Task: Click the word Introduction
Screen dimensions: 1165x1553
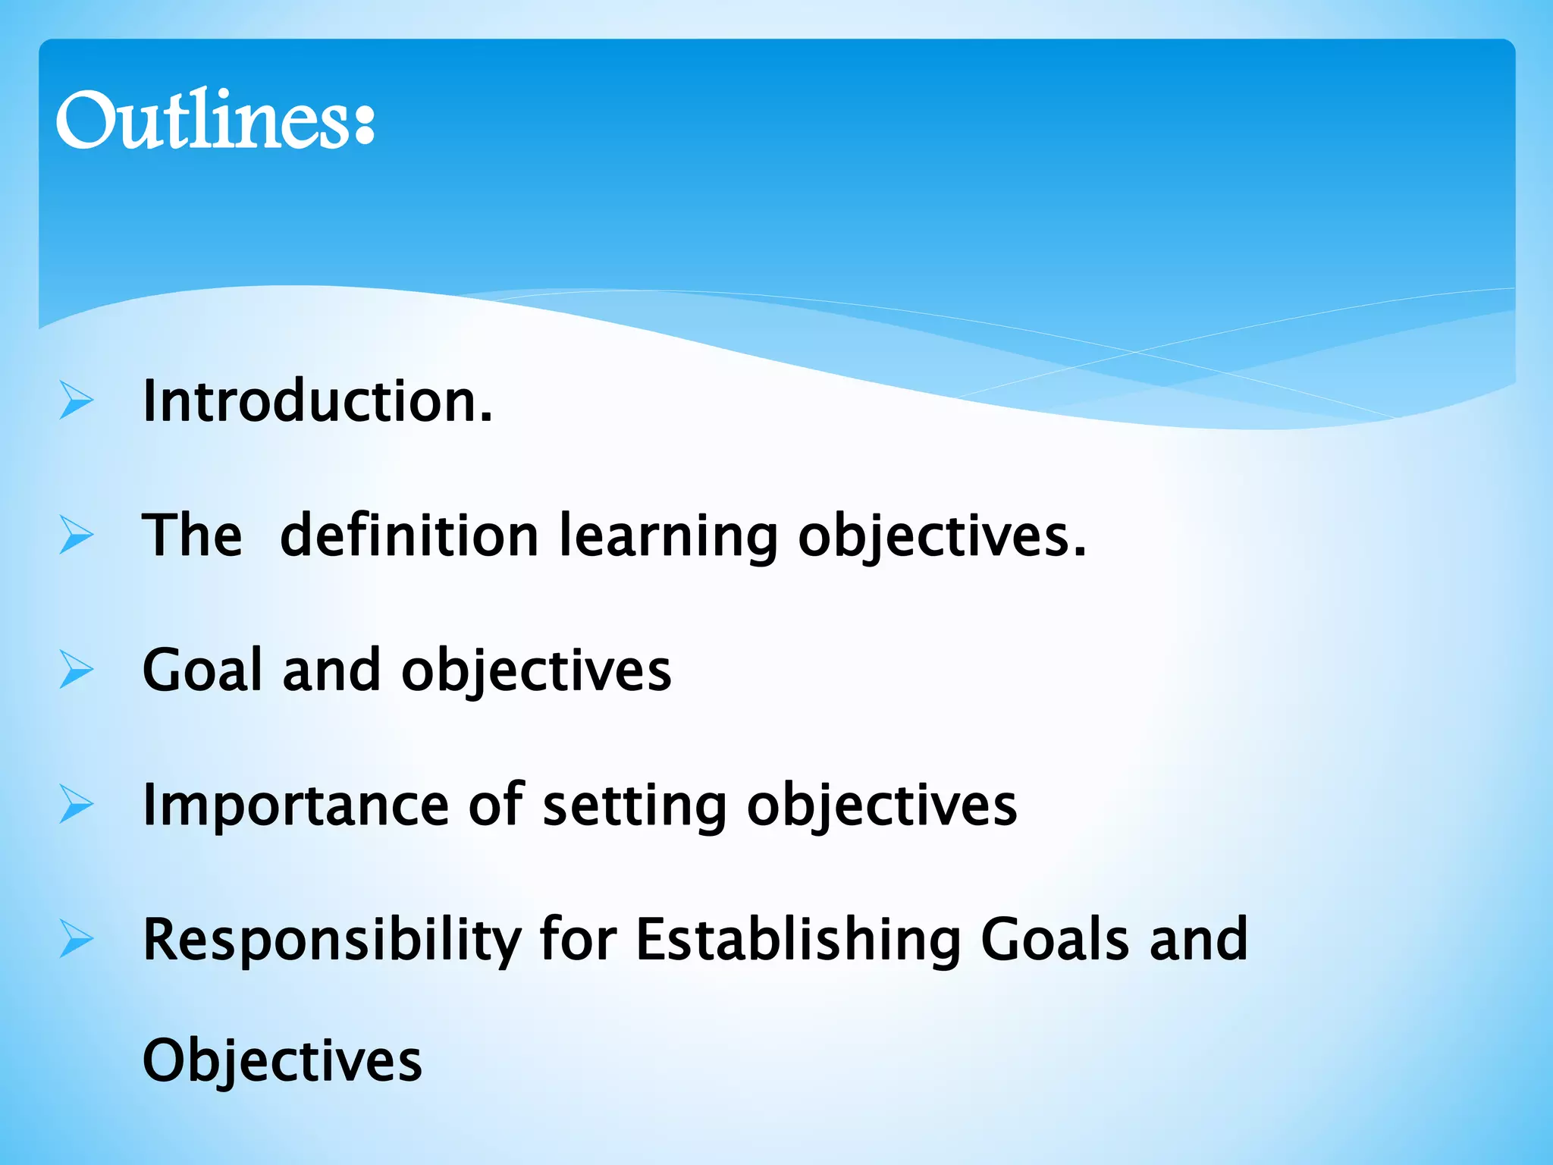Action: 317,400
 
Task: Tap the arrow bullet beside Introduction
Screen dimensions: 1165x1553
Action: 77,401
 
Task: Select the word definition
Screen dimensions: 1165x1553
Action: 409,535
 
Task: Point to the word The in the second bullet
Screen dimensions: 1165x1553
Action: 192,535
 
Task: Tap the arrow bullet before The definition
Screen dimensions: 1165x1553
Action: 77,535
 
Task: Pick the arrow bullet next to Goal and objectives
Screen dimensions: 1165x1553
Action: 77,670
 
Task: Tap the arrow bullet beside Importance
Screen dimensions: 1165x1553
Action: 77,805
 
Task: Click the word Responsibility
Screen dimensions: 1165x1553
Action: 331,941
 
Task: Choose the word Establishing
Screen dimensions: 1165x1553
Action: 798,941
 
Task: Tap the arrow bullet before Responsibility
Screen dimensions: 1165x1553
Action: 77,940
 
